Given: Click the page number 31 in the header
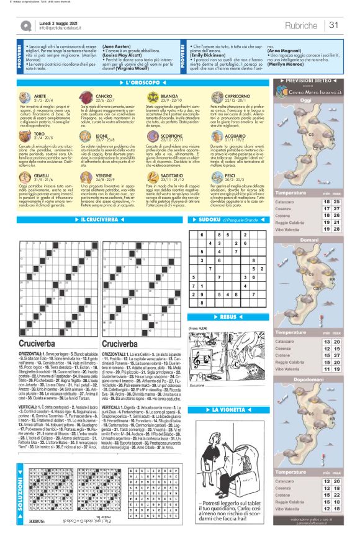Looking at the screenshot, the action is pyautogui.click(x=333, y=25).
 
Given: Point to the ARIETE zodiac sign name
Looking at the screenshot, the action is pyautogui.click(x=40, y=96).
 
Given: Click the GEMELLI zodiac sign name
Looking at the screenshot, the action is pyautogui.click(x=42, y=158).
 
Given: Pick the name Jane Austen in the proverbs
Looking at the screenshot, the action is pyautogui.click(x=116, y=47).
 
